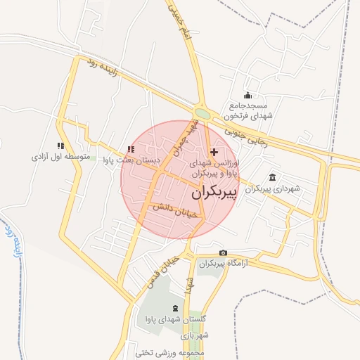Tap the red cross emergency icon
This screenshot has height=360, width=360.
tap(214, 152)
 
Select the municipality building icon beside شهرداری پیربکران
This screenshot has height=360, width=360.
tap(273, 177)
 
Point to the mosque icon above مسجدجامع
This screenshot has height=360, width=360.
tap(247, 95)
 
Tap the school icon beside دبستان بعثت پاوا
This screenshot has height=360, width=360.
tap(131, 149)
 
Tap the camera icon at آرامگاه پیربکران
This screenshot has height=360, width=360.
tap(224, 253)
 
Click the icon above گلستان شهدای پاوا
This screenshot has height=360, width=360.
tap(174, 308)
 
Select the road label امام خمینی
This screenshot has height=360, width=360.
tap(179, 20)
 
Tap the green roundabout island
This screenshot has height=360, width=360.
tap(202, 113)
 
